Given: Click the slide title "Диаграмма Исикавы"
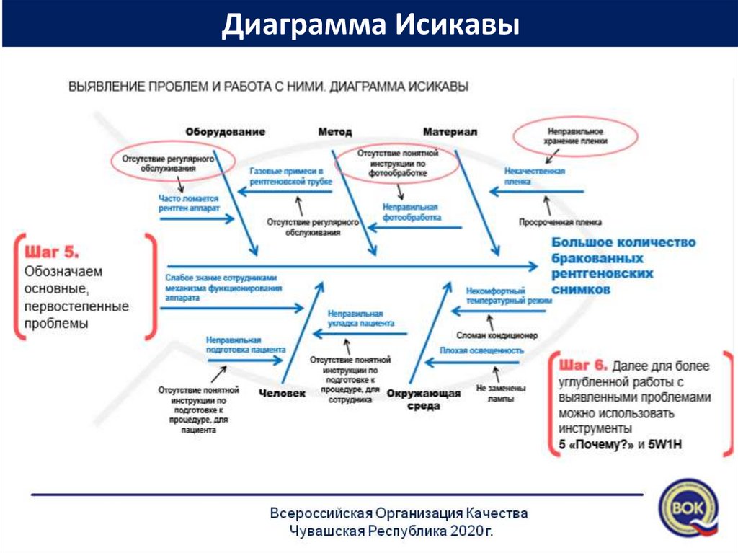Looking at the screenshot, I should point(370,25).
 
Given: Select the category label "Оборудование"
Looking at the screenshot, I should point(225,132).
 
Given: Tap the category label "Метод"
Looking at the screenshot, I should point(334,132).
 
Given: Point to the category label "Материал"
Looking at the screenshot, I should point(450,132).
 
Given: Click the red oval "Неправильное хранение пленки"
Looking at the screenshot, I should point(576,137).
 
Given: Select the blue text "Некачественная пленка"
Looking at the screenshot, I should point(534,176).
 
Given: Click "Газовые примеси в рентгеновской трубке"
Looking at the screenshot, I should point(286,177).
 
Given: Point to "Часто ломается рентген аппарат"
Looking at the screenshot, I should point(189,202).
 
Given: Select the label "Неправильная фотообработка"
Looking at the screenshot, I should point(412,211).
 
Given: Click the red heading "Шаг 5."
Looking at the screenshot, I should point(52,252).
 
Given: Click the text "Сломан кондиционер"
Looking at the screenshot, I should point(497,335).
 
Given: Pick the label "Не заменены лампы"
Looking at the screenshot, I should point(500,392).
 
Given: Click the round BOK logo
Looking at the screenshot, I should point(689,509).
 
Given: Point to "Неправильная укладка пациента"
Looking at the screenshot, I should point(360,319).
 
